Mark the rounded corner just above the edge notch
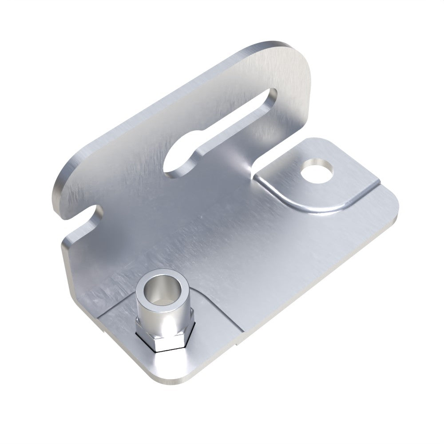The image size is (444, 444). pyautogui.click(x=62, y=186)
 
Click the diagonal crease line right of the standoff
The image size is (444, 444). pyautogui.click(x=222, y=311)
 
